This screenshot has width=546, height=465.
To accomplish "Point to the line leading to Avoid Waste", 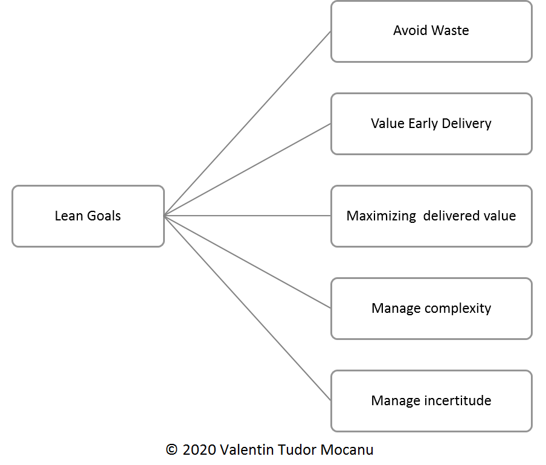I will [248, 123].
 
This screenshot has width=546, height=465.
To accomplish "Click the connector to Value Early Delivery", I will [248, 170].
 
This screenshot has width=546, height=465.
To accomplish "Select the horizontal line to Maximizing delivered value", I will [248, 216].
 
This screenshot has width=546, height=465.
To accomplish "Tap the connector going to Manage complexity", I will [248, 261].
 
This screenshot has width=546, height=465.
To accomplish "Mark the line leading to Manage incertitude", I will [248, 308].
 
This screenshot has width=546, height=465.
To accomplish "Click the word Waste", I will [450, 30].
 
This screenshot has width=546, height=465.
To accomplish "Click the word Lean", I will [68, 216].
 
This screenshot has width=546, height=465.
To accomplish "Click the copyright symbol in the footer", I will [172, 450].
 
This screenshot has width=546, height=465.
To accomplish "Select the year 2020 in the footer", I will [199, 450].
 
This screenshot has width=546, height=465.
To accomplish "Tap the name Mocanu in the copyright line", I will [348, 450].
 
